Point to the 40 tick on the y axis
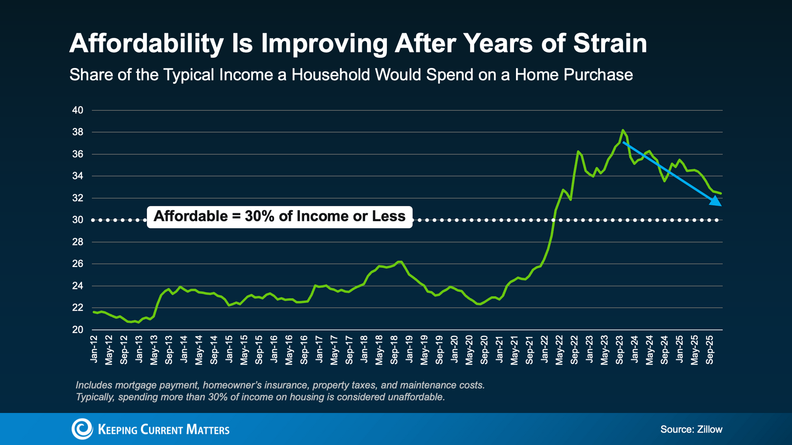[x=78, y=110]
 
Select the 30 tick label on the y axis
[x=78, y=220]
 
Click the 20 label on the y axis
[x=78, y=330]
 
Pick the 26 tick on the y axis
[x=78, y=264]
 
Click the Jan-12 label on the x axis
[x=94, y=349]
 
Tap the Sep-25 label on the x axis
[x=709, y=350]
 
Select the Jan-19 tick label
[x=409, y=349]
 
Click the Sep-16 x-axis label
[x=304, y=350]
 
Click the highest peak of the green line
[x=622, y=130]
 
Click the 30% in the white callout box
[x=259, y=216]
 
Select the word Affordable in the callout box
[x=191, y=216]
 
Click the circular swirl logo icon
[x=82, y=429]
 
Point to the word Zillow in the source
[x=709, y=429]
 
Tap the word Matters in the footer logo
[x=207, y=429]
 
